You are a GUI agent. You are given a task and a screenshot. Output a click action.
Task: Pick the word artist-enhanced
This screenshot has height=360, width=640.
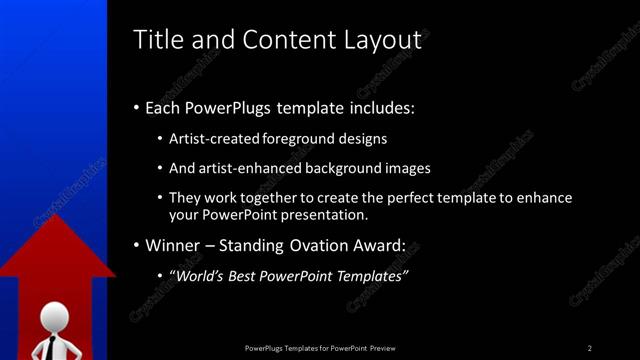click(x=246, y=168)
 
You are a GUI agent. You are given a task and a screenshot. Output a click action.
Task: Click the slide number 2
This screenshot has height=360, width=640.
click(x=590, y=347)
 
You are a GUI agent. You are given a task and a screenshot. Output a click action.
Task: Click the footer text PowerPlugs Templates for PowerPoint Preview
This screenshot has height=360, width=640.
click(x=320, y=347)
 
